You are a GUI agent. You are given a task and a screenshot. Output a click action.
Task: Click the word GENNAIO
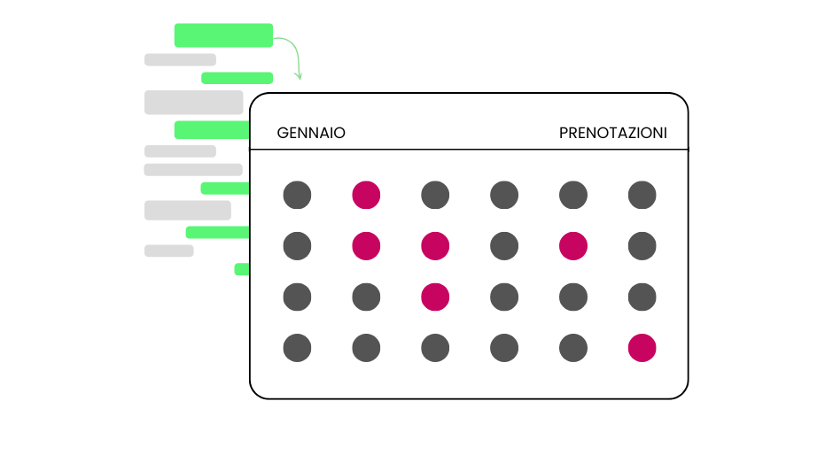[x=311, y=133]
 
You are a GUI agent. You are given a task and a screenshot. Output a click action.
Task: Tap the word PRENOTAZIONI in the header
[x=612, y=133]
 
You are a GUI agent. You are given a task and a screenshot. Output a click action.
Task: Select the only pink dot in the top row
[x=366, y=195]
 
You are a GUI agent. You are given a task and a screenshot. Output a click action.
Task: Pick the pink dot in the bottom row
[x=642, y=348]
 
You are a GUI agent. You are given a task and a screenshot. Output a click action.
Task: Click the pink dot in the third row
[x=435, y=297]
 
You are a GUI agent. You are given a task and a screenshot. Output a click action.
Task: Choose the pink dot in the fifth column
[x=573, y=246]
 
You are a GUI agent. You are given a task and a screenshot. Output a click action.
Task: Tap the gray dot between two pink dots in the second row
[x=504, y=246]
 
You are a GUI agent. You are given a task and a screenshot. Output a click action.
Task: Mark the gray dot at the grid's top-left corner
[x=297, y=195]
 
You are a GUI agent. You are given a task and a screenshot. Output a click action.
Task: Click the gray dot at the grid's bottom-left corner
[x=297, y=348]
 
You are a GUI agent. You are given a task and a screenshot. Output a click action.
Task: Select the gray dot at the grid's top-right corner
[x=642, y=195]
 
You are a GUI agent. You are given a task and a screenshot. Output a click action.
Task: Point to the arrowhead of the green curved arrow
[x=299, y=77]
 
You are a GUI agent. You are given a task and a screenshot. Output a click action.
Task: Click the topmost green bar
[x=223, y=35]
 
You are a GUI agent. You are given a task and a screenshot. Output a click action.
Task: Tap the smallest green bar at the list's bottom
[x=242, y=269]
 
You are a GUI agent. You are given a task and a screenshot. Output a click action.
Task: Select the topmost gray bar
[x=180, y=59]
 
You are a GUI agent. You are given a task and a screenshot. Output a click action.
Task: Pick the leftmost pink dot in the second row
[x=366, y=246]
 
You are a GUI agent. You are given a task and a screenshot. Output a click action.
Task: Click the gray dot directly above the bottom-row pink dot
[x=642, y=297]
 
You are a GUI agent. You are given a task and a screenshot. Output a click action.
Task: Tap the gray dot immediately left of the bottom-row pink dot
[x=573, y=348]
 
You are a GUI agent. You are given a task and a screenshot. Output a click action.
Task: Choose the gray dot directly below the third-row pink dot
[x=435, y=348]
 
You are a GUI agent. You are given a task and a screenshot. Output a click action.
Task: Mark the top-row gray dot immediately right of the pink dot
[x=435, y=195]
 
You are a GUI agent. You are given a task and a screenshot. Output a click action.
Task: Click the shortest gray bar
[x=168, y=251]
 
